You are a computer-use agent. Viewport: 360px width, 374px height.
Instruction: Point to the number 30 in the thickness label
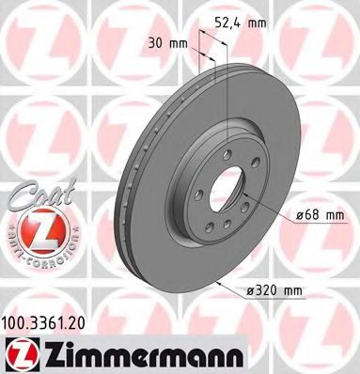[x=155, y=42]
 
